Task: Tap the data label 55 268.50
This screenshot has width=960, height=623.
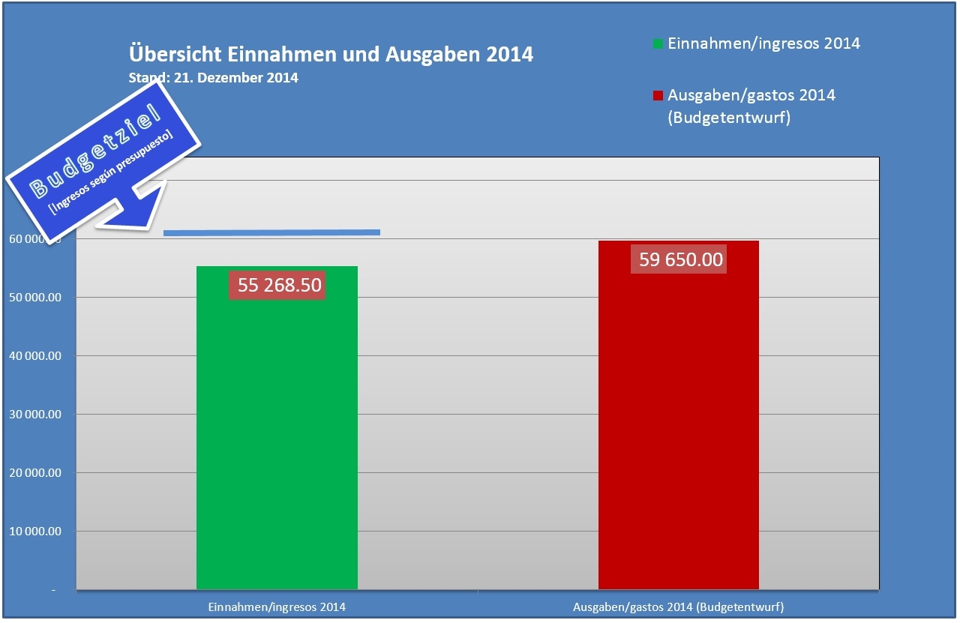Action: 279,285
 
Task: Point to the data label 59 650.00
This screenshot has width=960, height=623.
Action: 681,259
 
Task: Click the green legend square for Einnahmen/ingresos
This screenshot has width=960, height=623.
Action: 658,44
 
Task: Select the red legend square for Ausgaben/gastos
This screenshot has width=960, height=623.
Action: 658,96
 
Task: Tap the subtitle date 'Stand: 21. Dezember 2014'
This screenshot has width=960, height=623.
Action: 214,78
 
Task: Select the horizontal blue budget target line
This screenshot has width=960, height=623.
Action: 271,232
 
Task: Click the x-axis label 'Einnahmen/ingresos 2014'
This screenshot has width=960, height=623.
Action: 277,606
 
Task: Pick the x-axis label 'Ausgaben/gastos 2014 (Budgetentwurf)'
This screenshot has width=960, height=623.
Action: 679,606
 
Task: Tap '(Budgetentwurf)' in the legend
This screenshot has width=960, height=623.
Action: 729,118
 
